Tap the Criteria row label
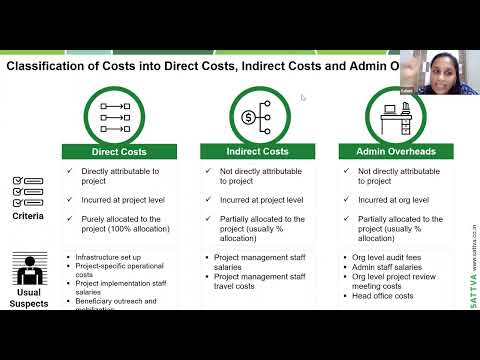[29, 214]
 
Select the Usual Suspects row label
[29, 297]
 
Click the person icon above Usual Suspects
[28, 270]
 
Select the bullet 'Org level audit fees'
[387, 257]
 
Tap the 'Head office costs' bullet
[384, 296]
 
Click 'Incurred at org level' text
[395, 200]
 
